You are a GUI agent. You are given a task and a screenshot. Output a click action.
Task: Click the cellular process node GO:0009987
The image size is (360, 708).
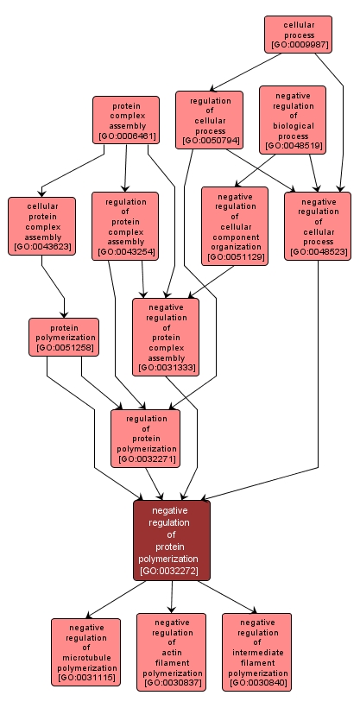298,35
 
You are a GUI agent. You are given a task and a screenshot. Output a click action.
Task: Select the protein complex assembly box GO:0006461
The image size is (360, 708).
126,119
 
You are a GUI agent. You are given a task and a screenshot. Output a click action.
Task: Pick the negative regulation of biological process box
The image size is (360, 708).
293,119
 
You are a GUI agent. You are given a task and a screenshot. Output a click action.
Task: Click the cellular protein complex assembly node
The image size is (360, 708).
41,225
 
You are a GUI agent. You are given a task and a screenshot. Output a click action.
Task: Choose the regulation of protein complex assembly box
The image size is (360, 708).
125,225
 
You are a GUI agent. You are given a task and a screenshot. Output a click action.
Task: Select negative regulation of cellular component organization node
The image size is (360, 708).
234,225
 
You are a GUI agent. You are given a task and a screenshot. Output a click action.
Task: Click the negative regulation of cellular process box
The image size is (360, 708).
318,225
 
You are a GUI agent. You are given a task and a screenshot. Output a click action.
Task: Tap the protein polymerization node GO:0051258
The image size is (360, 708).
64,336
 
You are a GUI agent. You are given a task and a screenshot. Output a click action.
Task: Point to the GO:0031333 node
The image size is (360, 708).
166,336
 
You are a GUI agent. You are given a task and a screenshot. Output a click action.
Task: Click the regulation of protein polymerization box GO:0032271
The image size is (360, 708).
145,437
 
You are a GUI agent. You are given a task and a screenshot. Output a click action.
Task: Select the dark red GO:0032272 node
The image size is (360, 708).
171,540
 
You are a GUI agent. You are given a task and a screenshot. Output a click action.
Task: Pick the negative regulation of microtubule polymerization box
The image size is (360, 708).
85,652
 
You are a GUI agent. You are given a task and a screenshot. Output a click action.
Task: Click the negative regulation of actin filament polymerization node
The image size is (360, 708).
171,652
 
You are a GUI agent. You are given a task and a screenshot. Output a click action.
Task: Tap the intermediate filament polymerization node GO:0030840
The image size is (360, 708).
256,652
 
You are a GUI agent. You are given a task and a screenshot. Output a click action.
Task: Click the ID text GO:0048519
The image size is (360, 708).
293,146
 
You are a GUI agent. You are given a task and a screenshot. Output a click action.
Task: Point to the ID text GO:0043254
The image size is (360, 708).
125,252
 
